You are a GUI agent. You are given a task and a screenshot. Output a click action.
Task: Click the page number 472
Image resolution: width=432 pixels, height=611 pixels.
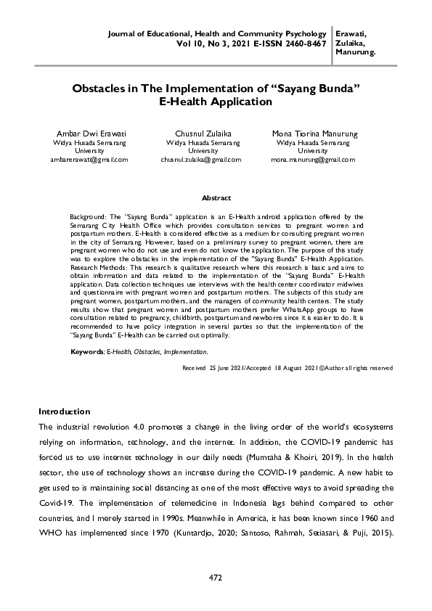216,577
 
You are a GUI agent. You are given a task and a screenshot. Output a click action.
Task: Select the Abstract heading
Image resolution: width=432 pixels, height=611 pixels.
216,198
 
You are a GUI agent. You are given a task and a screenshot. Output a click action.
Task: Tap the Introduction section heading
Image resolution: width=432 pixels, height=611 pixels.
64,411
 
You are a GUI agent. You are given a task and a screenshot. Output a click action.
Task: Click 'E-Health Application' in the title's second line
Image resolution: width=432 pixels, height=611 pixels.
216,102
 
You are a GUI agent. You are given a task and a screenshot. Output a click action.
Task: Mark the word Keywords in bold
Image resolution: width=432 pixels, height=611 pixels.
86,351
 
